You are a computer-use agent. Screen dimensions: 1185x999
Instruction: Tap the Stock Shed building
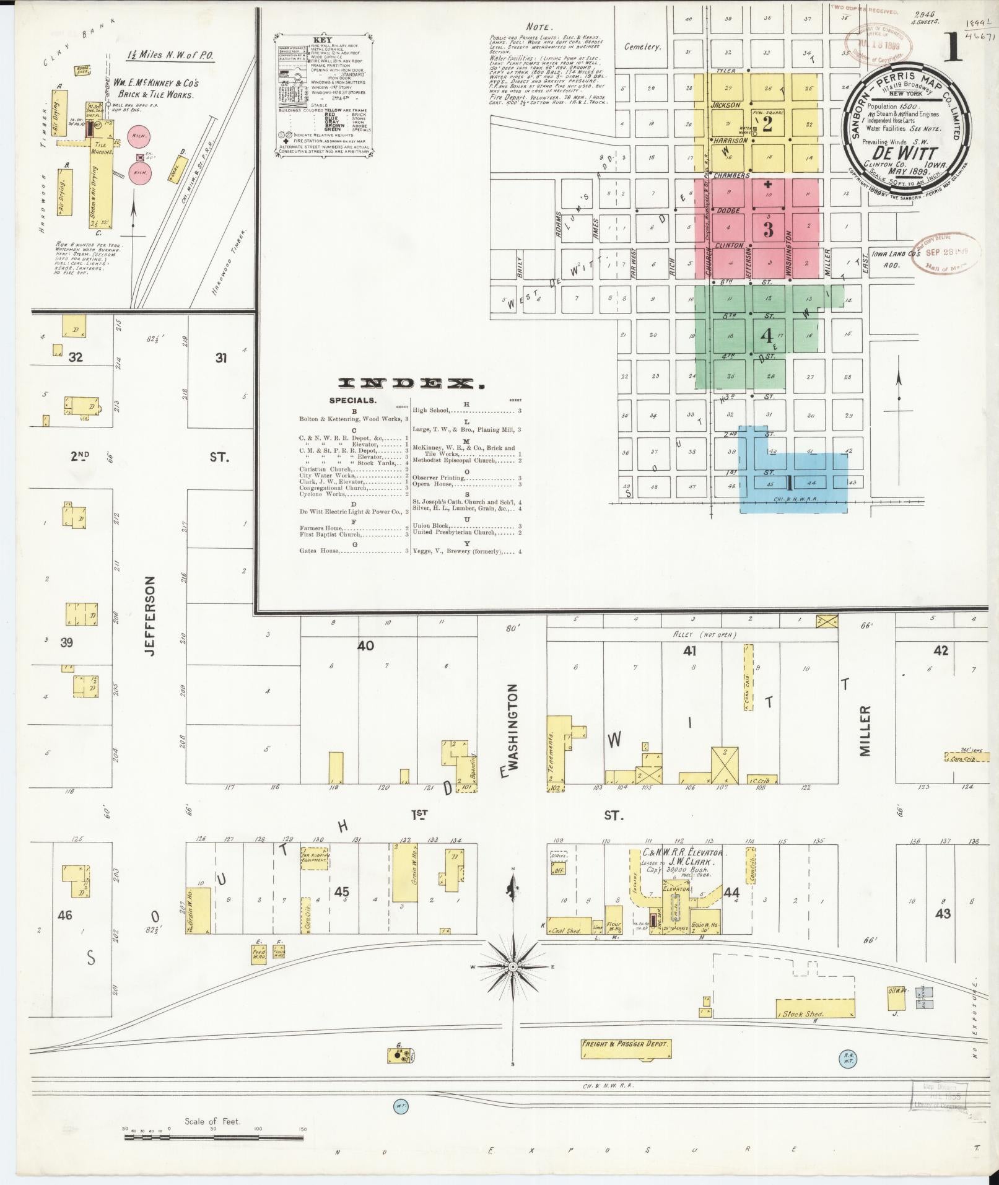[x=816, y=1008]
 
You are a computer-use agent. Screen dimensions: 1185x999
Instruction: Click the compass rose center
[x=513, y=984]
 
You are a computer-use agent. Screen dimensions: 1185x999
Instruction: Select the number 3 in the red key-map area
[x=768, y=230]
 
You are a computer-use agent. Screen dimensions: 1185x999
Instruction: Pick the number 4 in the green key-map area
[x=767, y=336]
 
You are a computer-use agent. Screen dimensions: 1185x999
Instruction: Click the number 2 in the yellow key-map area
[x=767, y=125]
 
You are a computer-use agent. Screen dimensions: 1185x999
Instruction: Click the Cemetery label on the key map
[x=643, y=46]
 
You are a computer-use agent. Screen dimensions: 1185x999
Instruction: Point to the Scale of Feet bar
[x=213, y=1138]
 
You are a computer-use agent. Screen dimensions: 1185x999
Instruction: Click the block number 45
[x=341, y=891]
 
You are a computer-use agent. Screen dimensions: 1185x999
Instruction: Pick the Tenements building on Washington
[x=558, y=751]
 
